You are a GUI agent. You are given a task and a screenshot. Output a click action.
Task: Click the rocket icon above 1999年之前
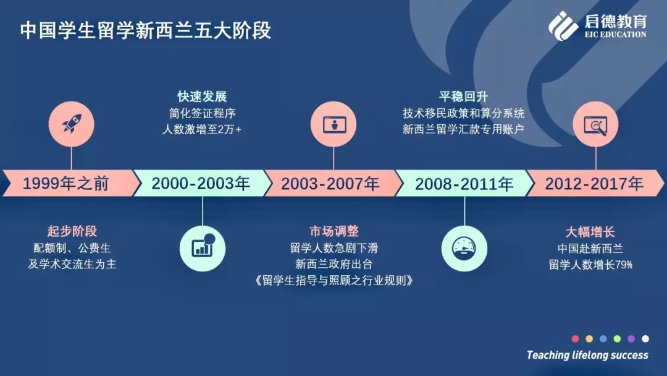pyautogui.click(x=72, y=124)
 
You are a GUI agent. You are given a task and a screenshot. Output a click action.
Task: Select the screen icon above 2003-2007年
pyautogui.click(x=333, y=124)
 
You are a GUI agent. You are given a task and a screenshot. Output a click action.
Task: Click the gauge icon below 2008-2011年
pyautogui.click(x=464, y=248)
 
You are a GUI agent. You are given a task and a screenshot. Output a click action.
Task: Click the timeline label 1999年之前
pyautogui.click(x=66, y=184)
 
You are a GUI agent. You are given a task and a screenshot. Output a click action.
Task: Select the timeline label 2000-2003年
pyautogui.click(x=201, y=184)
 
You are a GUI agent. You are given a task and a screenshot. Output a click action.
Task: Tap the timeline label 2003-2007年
pyautogui.click(x=330, y=184)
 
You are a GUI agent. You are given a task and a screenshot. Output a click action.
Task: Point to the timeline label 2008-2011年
pyautogui.click(x=464, y=184)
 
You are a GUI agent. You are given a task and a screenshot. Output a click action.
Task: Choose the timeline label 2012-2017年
pyautogui.click(x=594, y=184)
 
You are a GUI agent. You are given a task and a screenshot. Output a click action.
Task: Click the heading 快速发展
pyautogui.click(x=202, y=96)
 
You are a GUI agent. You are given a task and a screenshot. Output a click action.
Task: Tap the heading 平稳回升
pyautogui.click(x=464, y=96)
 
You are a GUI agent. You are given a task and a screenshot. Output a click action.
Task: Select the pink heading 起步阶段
pyautogui.click(x=72, y=231)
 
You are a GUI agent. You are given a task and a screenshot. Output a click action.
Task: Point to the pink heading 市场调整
pyautogui.click(x=334, y=231)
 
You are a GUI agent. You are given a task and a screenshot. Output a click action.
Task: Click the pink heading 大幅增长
pyautogui.click(x=590, y=232)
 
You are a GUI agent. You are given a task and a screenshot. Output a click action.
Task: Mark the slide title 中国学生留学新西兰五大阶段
pyautogui.click(x=146, y=31)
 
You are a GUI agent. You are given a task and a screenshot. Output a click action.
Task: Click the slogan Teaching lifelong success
pyautogui.click(x=587, y=355)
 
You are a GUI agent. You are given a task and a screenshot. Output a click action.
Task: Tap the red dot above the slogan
pyautogui.click(x=575, y=338)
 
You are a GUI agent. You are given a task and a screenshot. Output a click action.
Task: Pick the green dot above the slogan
pyautogui.click(x=617, y=338)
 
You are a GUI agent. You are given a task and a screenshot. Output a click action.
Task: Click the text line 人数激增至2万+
pyautogui.click(x=202, y=129)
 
